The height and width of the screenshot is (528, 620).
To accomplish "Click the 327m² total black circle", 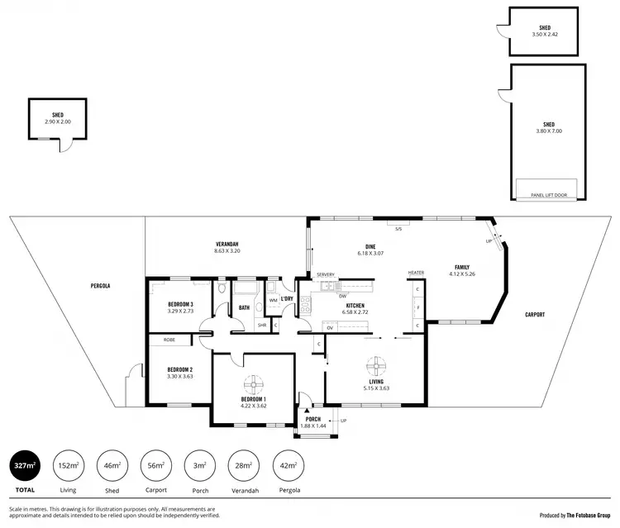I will coord(26,468).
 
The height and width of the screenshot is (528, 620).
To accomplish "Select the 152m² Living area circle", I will coord(69,468).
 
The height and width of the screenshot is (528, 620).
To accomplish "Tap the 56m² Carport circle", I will coord(155,468).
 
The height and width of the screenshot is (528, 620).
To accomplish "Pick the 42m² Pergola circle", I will coord(286,468).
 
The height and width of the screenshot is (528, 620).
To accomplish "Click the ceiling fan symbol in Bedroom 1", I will coord(255,384).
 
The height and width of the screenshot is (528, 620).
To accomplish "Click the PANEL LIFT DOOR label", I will coord(548,195).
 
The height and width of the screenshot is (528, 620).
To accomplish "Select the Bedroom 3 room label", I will coord(179,307).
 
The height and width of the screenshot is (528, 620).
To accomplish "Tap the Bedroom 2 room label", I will coord(179,372).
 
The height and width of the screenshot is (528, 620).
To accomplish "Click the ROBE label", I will coord(169,340).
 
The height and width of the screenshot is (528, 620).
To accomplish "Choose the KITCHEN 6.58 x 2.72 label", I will coord(355,309).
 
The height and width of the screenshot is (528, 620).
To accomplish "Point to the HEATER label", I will coord(415,273).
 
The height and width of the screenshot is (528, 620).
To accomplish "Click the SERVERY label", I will coord(326,274).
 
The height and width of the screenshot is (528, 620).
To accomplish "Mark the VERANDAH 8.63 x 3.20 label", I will coord(227,247).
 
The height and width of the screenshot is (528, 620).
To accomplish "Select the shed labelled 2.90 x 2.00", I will coord(58,119).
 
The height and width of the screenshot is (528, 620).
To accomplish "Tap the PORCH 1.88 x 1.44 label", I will coord(313,422).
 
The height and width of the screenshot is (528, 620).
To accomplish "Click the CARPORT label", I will coord(534,315).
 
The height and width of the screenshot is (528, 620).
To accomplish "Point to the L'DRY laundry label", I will coord(288,298).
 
